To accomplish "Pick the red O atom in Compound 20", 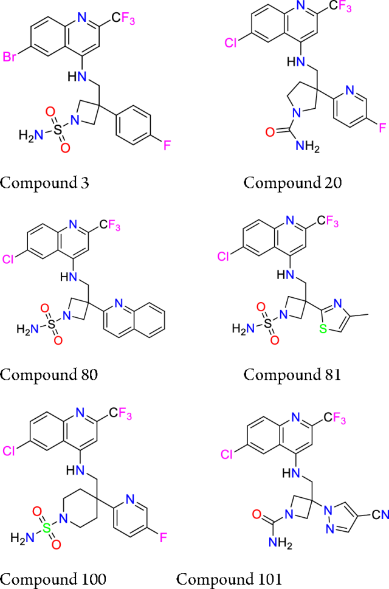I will tap(249, 129).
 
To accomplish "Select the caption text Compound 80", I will tap(49, 374).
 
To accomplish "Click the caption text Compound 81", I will tap(292, 374).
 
